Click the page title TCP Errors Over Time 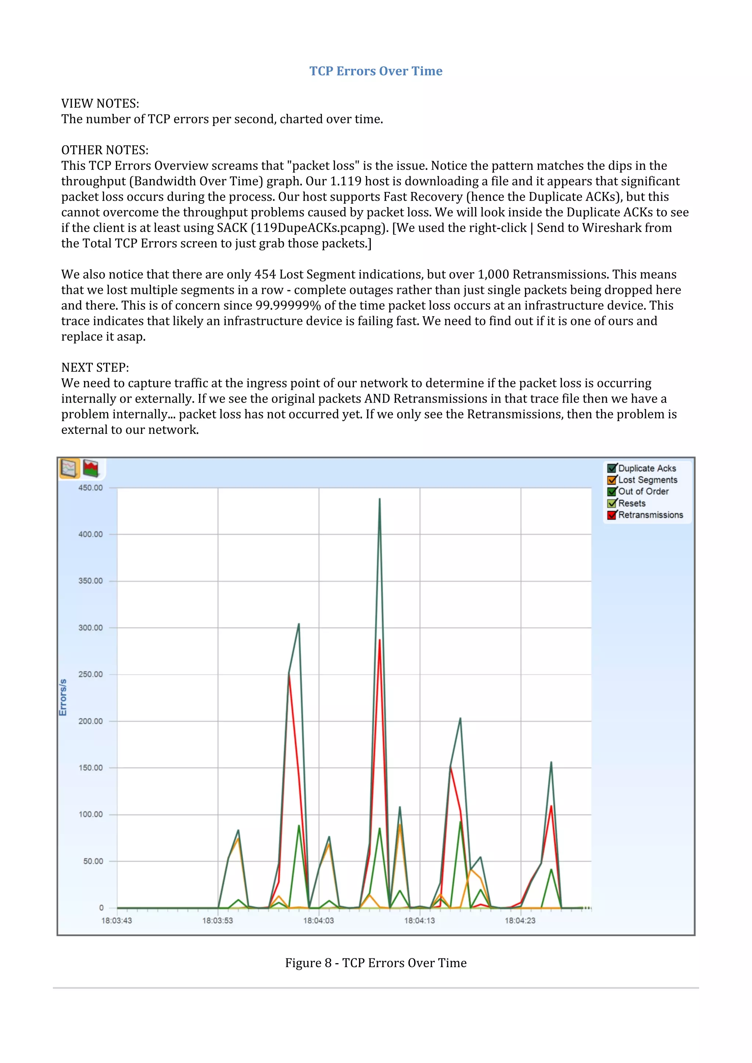[376, 71]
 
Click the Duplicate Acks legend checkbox [612, 468]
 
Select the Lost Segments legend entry [647, 480]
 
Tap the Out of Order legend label [643, 491]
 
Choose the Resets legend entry [632, 503]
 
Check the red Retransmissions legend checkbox [612, 515]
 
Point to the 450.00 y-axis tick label [90, 487]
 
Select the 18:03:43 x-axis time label [117, 921]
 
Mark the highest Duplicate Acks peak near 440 [379, 499]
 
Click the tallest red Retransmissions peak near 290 [379, 640]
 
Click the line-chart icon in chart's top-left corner [69, 468]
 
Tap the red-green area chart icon [91, 468]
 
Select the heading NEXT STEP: [95, 367]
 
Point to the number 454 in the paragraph [265, 275]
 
